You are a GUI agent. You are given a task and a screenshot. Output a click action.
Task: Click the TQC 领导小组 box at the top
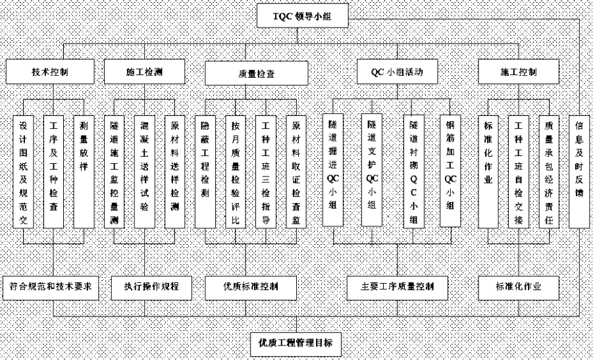click(x=303, y=16)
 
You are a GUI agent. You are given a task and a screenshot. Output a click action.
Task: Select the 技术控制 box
click(x=50, y=72)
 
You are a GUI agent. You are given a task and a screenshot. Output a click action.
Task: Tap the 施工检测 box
click(x=145, y=72)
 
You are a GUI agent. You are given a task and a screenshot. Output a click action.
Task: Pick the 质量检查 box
click(x=257, y=73)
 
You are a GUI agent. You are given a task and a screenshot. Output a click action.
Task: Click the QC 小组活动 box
click(x=397, y=72)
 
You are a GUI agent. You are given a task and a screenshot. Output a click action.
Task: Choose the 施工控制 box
click(x=519, y=72)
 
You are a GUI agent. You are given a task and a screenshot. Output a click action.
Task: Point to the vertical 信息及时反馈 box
click(x=579, y=172)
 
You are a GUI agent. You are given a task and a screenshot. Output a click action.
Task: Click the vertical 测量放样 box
click(x=84, y=172)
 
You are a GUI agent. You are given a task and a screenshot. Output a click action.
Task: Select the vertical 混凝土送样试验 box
click(x=145, y=172)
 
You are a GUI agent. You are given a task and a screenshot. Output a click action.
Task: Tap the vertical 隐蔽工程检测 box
click(x=205, y=172)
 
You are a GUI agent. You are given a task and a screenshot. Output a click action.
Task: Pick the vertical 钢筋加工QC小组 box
click(x=450, y=170)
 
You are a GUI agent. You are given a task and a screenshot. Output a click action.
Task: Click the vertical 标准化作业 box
click(x=488, y=172)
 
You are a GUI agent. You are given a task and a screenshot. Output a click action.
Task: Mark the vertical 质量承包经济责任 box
click(x=549, y=172)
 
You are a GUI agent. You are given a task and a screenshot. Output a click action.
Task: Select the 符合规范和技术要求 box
click(x=51, y=288)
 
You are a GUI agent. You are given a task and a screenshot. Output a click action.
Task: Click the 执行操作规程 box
click(x=151, y=288)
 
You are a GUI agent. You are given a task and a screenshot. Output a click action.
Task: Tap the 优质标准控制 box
click(x=251, y=288)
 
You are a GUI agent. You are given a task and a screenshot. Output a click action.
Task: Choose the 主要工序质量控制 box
click(x=397, y=288)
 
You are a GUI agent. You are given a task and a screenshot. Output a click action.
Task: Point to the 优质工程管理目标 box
click(x=296, y=344)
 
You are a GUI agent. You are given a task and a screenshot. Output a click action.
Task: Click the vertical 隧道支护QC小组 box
click(x=372, y=170)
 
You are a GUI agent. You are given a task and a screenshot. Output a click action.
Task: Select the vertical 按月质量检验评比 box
click(x=235, y=172)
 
